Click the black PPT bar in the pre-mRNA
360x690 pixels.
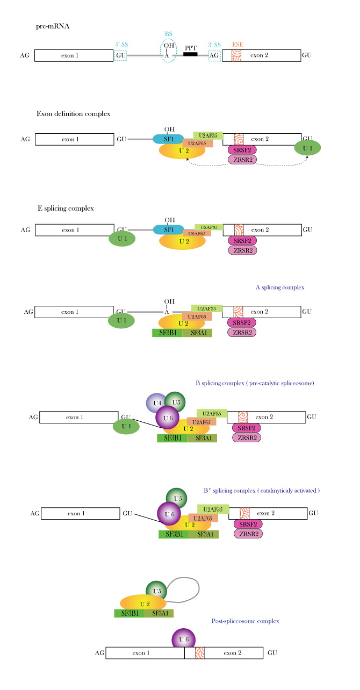[x=191, y=55]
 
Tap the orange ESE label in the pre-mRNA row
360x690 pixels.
[x=236, y=45]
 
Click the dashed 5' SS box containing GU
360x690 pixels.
[x=120, y=55]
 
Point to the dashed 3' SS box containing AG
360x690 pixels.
[x=214, y=55]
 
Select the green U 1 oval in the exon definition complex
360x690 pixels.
[x=307, y=148]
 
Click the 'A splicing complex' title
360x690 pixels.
[x=280, y=287]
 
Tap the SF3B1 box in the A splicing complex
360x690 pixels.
[x=167, y=333]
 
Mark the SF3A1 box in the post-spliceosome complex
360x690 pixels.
[x=159, y=613]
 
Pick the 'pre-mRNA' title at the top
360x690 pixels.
[x=53, y=26]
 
